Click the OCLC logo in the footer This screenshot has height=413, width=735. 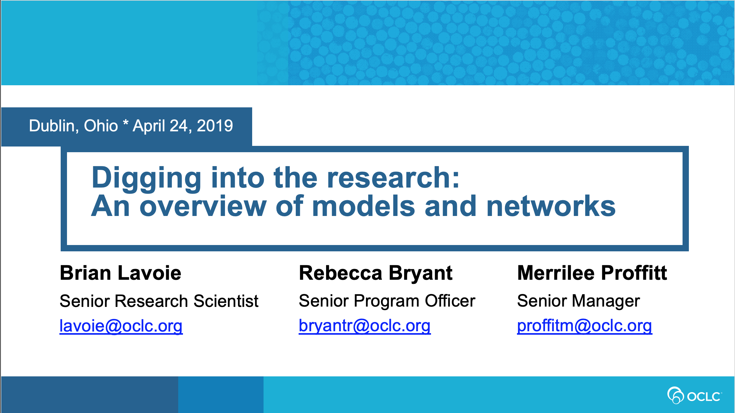tap(695, 395)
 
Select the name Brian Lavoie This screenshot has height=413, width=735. tap(120, 273)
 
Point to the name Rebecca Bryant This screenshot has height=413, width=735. tap(376, 273)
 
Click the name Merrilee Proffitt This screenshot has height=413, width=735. tap(592, 273)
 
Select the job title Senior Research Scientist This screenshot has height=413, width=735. tap(159, 301)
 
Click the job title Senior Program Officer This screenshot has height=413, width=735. tap(387, 301)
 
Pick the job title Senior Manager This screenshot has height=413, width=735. tap(579, 301)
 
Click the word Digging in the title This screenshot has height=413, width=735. tap(146, 178)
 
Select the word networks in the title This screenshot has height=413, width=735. tap(551, 206)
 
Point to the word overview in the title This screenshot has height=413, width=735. tap(203, 206)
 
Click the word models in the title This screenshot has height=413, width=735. tap(364, 206)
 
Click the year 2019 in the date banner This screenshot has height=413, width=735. tap(215, 126)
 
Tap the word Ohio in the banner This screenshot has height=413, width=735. tap(101, 126)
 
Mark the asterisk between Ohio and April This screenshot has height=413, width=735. tap(126, 123)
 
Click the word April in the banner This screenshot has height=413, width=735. tap(149, 126)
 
